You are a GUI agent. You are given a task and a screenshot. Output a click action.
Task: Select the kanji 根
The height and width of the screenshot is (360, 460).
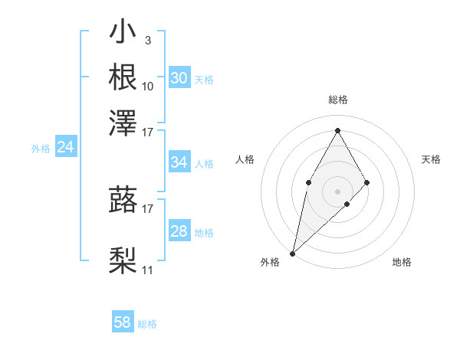(123, 77)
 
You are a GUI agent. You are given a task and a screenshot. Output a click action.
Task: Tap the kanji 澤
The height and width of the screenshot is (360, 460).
(123, 121)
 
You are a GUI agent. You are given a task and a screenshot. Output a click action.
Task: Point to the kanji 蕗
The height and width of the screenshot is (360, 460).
(123, 199)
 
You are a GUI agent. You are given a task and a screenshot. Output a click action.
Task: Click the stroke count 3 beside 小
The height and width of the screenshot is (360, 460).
(147, 39)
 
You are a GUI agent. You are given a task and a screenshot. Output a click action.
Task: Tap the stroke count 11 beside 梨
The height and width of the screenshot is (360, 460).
(148, 270)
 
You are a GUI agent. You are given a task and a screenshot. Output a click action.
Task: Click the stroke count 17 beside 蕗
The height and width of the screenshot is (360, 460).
(148, 208)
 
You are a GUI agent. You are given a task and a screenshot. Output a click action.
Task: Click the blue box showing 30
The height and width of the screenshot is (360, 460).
(179, 78)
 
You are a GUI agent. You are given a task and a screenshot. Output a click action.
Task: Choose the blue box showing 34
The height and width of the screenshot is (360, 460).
(179, 162)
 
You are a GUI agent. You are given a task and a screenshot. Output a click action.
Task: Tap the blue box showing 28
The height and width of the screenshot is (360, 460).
(179, 231)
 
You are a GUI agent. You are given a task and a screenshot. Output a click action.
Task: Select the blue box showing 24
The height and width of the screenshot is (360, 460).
(66, 148)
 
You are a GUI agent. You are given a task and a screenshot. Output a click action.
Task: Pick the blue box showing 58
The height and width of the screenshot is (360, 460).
(123, 322)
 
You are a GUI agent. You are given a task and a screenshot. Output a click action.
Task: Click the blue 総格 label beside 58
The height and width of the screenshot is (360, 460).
(147, 324)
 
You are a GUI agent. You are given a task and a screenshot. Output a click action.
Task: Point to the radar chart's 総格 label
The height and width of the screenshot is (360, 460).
(337, 100)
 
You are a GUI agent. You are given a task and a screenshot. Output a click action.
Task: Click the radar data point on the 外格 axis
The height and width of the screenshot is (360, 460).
(292, 253)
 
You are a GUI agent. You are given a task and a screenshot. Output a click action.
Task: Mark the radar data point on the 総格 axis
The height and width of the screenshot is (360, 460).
(337, 130)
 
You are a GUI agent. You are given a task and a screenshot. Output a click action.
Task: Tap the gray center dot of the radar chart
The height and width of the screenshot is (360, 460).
(337, 191)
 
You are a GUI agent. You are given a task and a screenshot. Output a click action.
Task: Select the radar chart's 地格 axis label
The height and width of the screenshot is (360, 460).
(402, 262)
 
